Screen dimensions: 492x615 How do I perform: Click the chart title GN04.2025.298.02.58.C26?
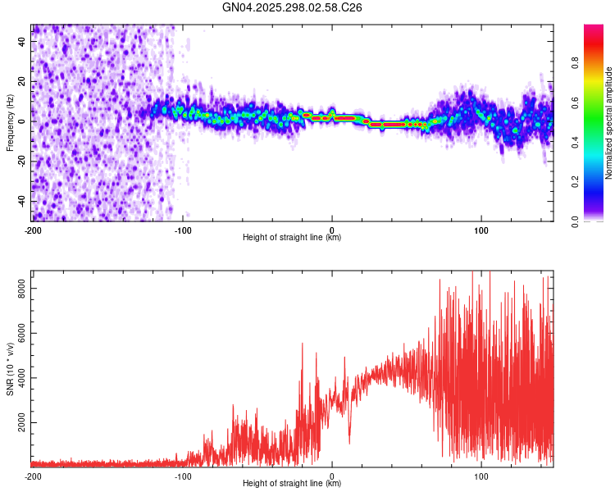coord(293,7)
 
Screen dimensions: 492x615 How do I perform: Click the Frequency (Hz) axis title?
coord(10,122)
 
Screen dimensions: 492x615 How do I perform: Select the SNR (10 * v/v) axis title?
coord(10,368)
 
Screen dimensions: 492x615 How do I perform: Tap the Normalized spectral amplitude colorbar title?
coord(609,123)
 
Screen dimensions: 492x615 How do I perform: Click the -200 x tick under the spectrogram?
coord(33,230)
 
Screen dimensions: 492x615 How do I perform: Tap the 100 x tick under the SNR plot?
coord(481,476)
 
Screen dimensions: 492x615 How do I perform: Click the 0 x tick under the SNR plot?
coord(332,476)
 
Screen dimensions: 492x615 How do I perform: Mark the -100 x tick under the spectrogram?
coord(182,230)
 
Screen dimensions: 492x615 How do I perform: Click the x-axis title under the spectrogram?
coord(292,238)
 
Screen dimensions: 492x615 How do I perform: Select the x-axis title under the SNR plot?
coord(292,484)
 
